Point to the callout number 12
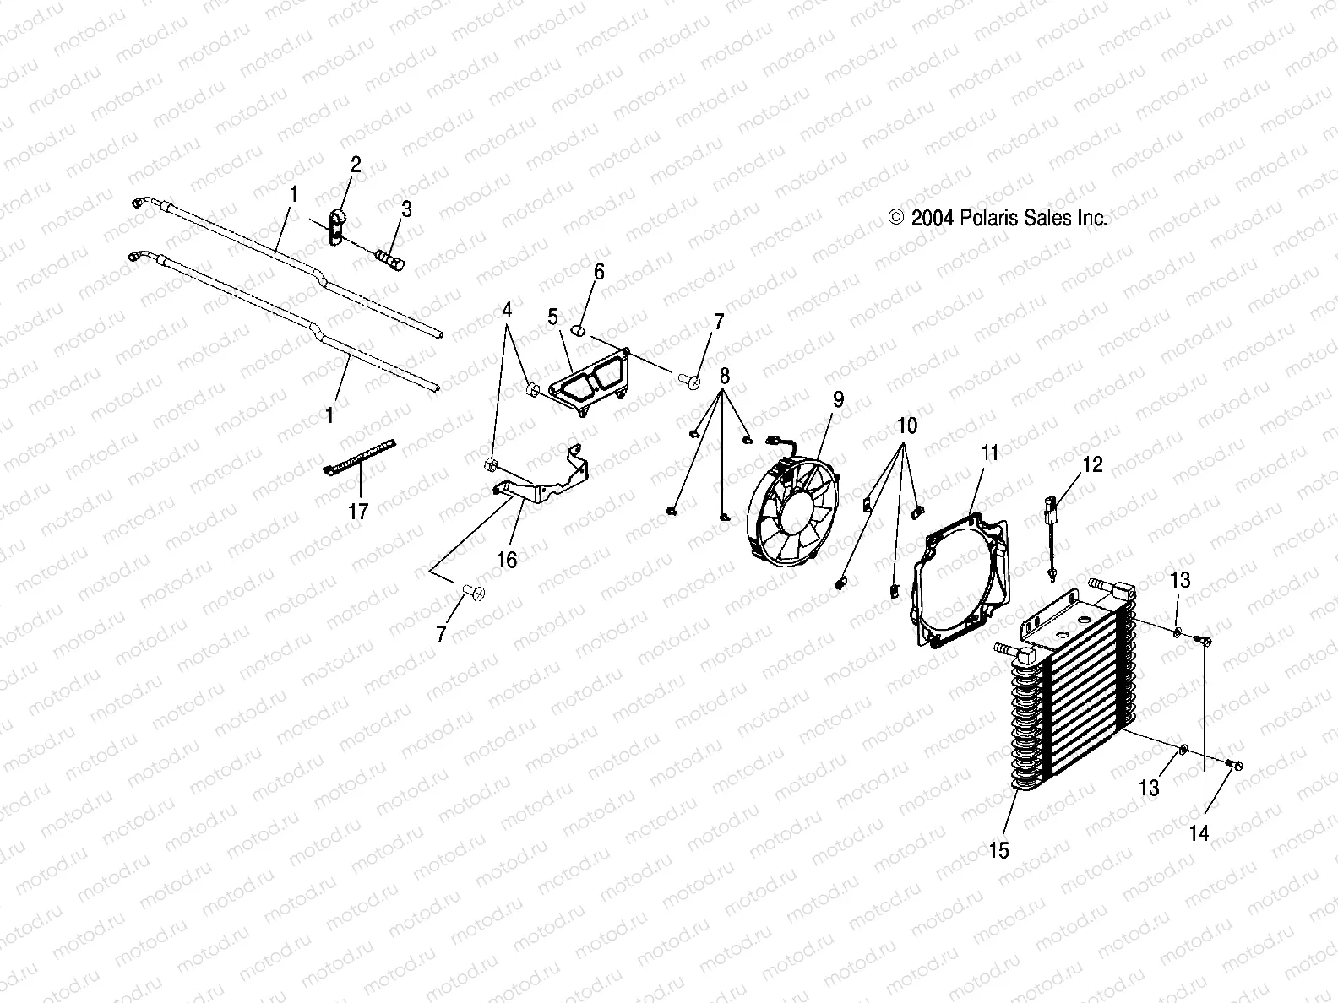pyautogui.click(x=1092, y=464)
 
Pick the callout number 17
pyautogui.click(x=359, y=511)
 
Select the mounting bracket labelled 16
pyautogui.click(x=541, y=482)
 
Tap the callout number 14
pyautogui.click(x=1199, y=833)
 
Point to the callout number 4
pyautogui.click(x=507, y=310)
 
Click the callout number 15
pyautogui.click(x=998, y=850)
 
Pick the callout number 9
pyautogui.click(x=838, y=399)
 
